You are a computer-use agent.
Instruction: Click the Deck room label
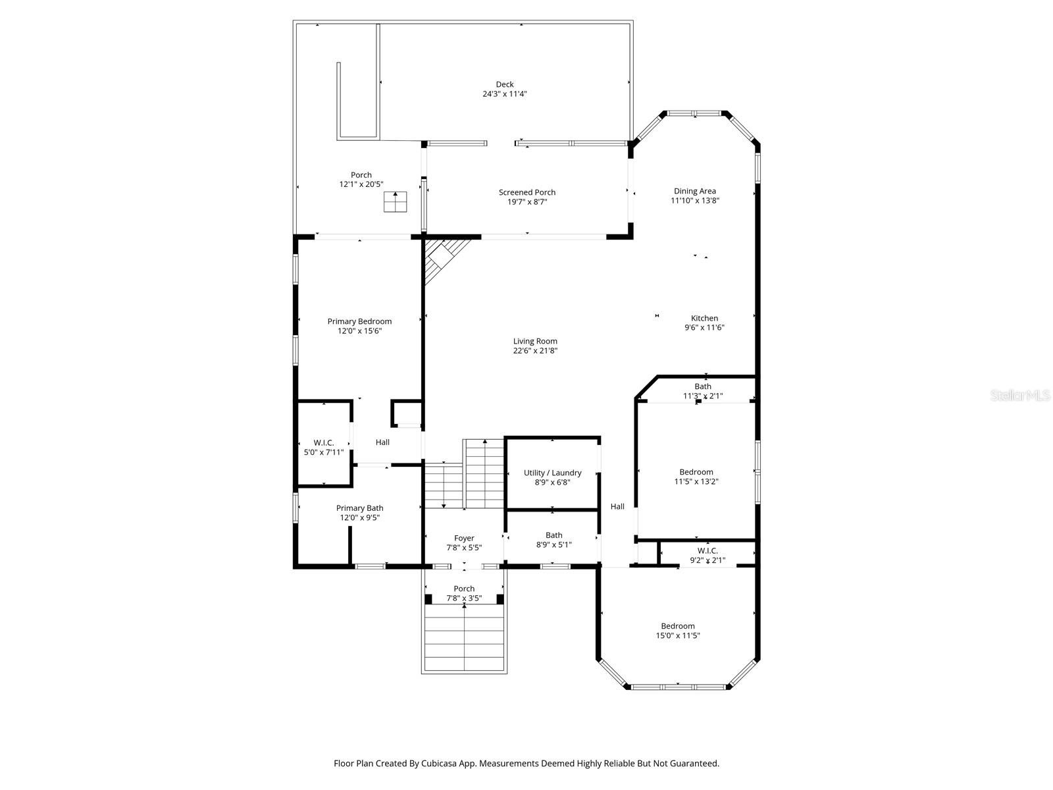[505, 84]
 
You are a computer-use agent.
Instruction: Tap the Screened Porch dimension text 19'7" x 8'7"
[527, 202]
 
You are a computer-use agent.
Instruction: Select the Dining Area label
[694, 191]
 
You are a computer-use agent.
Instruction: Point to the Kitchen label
[704, 318]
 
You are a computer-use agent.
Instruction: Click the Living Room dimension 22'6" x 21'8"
[536, 351]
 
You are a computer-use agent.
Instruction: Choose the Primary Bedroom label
[359, 321]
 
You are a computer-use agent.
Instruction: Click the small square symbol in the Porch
[396, 202]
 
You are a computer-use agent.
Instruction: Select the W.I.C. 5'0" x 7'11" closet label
[324, 442]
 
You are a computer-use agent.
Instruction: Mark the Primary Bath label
[359, 508]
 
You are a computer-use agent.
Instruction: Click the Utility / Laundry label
[552, 473]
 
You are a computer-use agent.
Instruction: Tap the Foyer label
[464, 538]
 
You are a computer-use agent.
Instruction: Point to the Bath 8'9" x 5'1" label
[553, 535]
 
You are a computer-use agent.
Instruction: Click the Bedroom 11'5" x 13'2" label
[696, 472]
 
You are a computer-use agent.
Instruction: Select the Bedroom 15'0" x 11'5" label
[678, 626]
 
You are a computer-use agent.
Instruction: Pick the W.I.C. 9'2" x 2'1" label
[707, 550]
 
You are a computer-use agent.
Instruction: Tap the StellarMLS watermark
[1020, 396]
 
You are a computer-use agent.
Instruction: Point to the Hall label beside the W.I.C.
[382, 442]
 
